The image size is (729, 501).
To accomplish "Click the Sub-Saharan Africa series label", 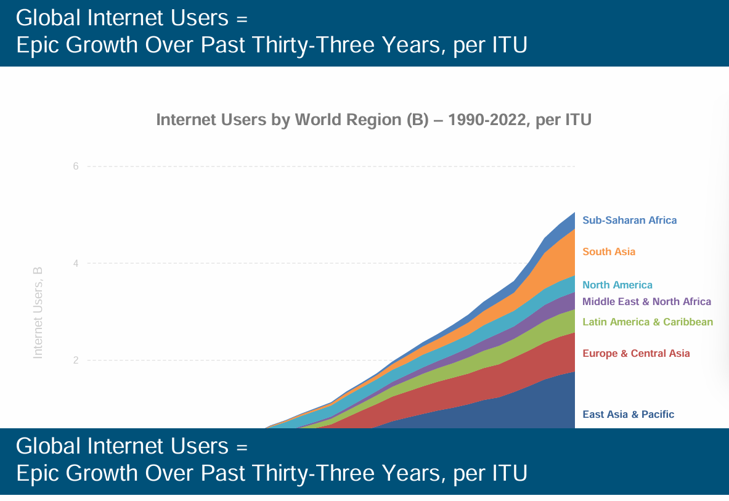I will click(x=629, y=220).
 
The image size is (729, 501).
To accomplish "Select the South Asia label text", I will click(x=608, y=251).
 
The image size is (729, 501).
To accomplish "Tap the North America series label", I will click(x=617, y=285).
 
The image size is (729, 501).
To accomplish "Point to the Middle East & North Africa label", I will click(x=646, y=302).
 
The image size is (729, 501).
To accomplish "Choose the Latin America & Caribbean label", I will click(x=647, y=322).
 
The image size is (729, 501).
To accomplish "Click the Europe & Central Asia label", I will click(x=636, y=353).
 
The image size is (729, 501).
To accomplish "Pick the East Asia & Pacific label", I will click(x=628, y=414).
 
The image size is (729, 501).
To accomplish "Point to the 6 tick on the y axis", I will click(x=75, y=166).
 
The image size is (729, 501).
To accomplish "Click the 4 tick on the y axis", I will click(x=75, y=263).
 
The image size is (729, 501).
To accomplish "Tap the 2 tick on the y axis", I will click(x=75, y=360).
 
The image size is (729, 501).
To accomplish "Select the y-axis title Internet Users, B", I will click(x=38, y=312).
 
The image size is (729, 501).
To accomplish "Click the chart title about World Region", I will click(x=373, y=120).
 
